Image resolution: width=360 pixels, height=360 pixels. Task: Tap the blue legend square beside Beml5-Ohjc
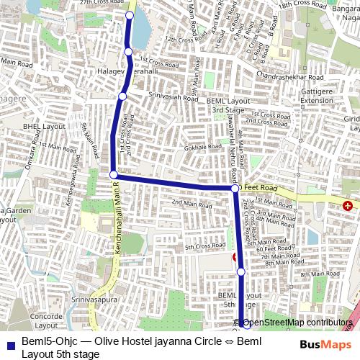[x=9, y=341]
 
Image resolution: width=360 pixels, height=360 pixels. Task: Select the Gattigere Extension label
[x=317, y=96]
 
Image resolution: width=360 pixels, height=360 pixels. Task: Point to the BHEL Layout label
[x=44, y=125]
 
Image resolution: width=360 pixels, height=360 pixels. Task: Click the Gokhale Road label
[x=201, y=147]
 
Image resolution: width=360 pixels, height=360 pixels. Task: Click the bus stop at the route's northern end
[x=130, y=15]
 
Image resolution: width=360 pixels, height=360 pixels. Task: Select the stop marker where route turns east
[x=113, y=174]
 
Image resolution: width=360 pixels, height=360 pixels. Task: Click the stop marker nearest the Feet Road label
[x=235, y=188]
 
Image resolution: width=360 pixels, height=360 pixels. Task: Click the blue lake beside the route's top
[x=141, y=29]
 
